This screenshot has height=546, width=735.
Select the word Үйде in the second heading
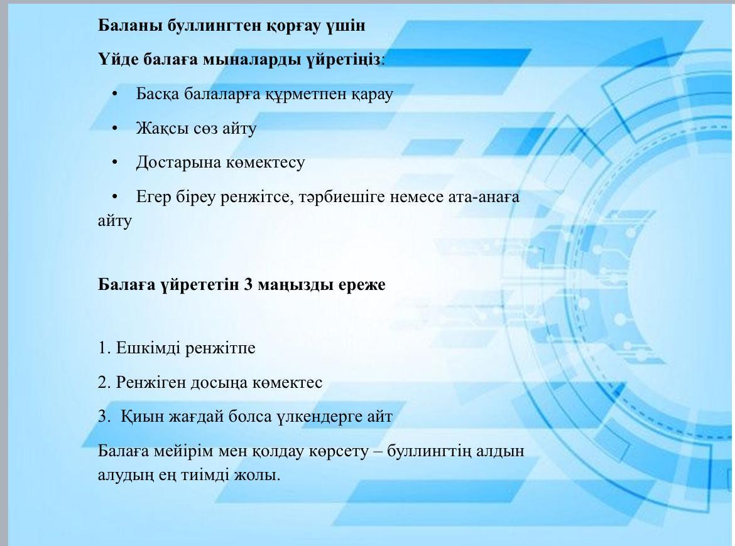(x=117, y=59)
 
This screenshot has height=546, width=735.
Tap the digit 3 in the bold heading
(x=248, y=284)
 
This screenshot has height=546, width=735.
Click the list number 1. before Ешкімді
(x=104, y=348)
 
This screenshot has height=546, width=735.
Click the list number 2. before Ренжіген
(x=104, y=382)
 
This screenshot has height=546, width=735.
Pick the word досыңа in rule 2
(x=219, y=383)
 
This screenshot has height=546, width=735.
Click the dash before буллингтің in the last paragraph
(x=378, y=452)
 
